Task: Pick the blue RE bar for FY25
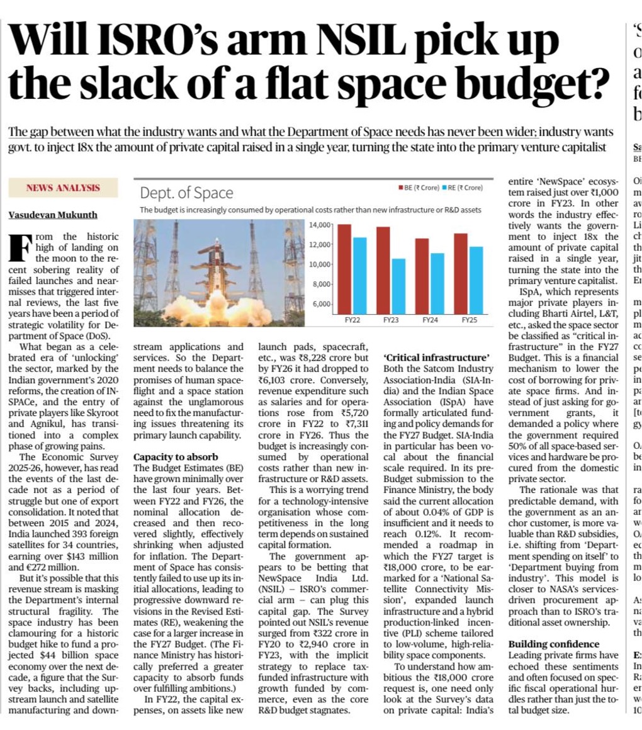click(x=476, y=280)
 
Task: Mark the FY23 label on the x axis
click(x=391, y=320)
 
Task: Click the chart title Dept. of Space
click(x=186, y=193)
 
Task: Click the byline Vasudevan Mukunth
click(x=52, y=215)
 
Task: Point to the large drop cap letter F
click(x=20, y=248)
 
